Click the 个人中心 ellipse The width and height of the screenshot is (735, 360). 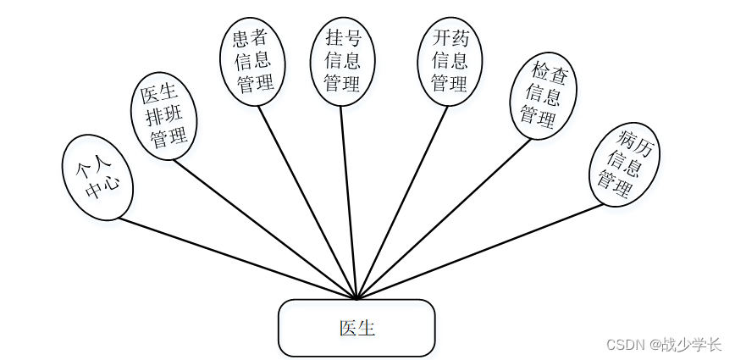[97, 178]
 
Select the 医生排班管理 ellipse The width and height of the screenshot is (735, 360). [166, 117]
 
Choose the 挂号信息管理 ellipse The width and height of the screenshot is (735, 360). [342, 61]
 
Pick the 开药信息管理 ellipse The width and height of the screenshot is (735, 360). [450, 62]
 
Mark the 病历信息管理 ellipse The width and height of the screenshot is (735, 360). [624, 164]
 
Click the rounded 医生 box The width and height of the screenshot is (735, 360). [356, 328]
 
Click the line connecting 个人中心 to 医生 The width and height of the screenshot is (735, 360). [237, 258]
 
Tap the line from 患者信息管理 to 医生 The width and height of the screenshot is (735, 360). [308, 202]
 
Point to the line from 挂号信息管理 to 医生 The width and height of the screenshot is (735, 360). [349, 202]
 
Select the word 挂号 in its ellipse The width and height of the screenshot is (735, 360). [342, 39]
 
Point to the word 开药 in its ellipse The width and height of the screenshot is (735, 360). [450, 39]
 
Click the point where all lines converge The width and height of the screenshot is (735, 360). [357, 298]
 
